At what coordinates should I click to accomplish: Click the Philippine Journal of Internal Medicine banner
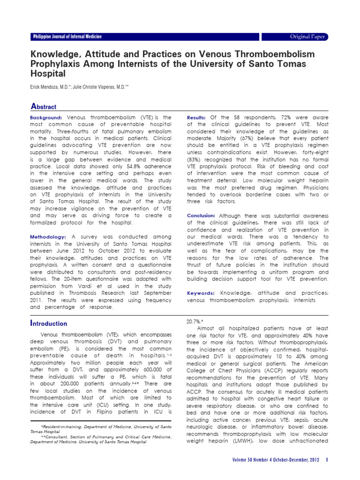click(x=67, y=37)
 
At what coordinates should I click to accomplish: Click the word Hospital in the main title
click(x=48, y=74)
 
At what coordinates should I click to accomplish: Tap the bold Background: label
click(x=46, y=117)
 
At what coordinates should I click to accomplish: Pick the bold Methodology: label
click(x=49, y=237)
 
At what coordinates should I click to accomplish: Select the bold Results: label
click(x=196, y=117)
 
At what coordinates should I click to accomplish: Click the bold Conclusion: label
click(x=202, y=216)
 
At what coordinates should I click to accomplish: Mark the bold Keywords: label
click(x=201, y=293)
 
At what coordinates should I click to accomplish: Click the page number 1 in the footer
click(x=327, y=460)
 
